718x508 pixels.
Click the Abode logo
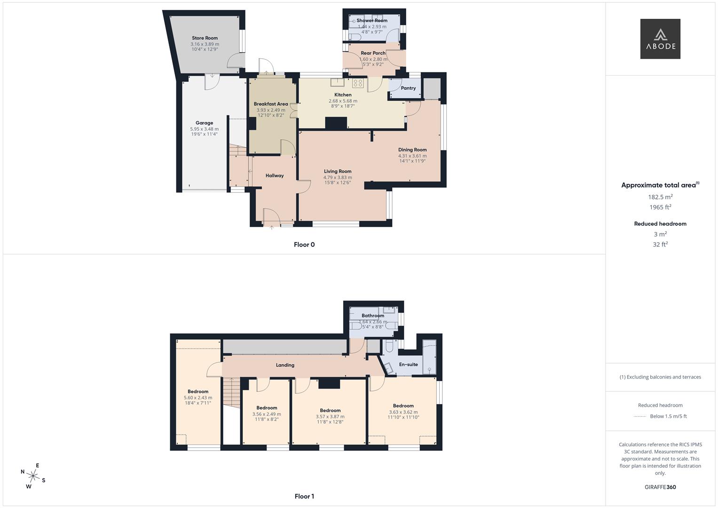[x=660, y=39]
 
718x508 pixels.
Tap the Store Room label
[x=205, y=38]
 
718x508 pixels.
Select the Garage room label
[x=204, y=123]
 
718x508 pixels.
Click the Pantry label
[x=408, y=88]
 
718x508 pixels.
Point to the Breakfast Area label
[x=270, y=104]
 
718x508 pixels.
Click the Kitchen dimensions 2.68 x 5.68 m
[x=342, y=101]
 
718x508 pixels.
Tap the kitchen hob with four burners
[x=358, y=83]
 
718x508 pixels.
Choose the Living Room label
[x=337, y=171]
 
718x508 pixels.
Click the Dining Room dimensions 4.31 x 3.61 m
[x=412, y=156]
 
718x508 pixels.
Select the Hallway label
[x=275, y=175]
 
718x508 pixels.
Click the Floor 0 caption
[x=304, y=245]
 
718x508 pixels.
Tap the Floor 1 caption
[x=304, y=496]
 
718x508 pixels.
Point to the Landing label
[x=285, y=365]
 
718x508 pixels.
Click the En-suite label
[x=408, y=365]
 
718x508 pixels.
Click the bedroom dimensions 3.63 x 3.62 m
[x=403, y=412]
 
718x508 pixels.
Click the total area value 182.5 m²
[x=660, y=197]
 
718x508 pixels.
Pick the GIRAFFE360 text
[x=660, y=487]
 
